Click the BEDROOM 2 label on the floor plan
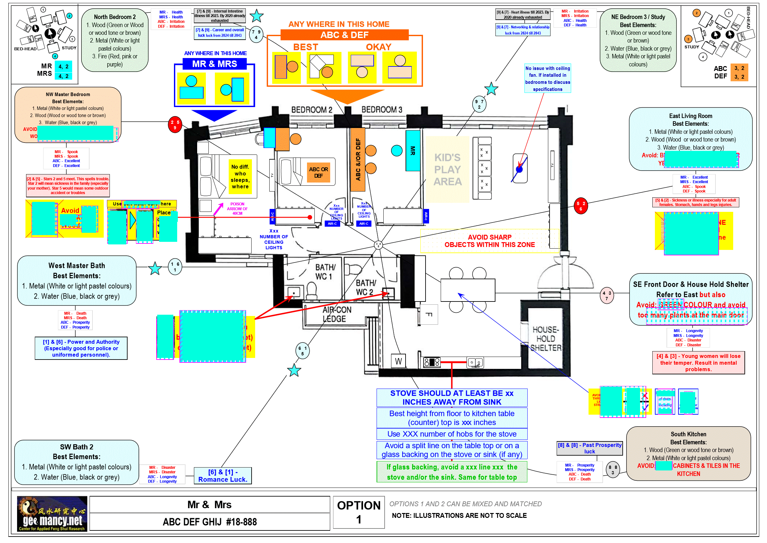312,110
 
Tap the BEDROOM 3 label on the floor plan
381,110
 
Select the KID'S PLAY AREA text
447,170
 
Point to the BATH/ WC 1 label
325,272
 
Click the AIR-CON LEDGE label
336,314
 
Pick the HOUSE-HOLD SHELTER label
545,339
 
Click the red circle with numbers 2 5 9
175,125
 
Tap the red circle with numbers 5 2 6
580,206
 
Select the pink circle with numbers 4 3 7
607,296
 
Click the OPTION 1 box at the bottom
359,512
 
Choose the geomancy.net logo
52,514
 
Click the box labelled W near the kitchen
398,361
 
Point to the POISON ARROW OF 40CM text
237,209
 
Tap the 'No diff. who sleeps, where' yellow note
240,177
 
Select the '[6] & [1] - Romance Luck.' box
223,476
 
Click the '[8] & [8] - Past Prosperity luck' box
589,448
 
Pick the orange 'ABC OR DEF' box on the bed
318,172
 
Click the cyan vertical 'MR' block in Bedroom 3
413,151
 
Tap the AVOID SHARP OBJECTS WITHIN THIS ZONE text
489,241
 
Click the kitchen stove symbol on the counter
432,362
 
